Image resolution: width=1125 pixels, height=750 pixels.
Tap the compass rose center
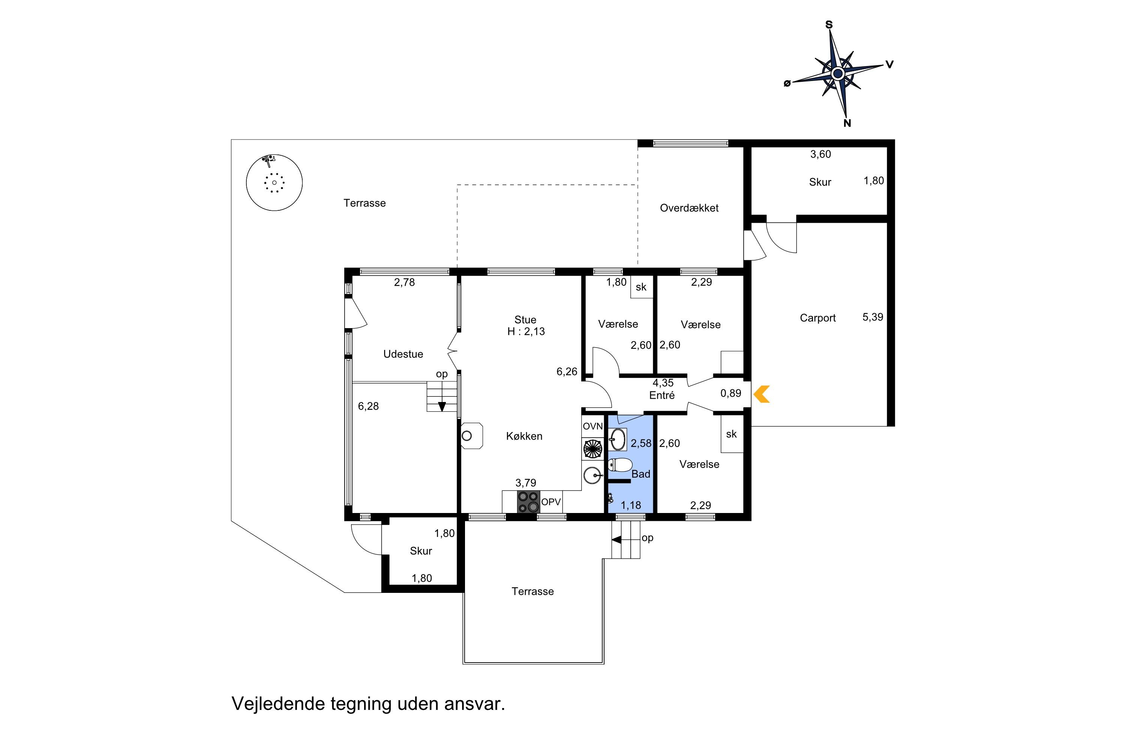837,73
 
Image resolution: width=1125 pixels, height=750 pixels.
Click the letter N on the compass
847,123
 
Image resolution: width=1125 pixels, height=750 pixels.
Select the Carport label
817,318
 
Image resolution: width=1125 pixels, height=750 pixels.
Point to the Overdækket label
689,208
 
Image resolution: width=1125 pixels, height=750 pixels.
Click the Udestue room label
403,354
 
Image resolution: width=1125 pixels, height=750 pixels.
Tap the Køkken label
524,436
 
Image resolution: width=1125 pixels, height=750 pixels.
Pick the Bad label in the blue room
641,474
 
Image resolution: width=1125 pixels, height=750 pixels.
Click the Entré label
662,395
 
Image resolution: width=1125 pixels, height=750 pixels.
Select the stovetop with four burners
528,502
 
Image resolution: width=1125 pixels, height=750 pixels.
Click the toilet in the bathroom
620,465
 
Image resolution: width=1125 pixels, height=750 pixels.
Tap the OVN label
592,426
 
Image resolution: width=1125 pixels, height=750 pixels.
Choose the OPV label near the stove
551,502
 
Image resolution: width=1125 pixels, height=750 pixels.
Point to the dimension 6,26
567,371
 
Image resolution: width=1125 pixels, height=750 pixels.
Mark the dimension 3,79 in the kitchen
526,483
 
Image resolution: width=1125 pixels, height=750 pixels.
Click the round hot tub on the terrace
274,182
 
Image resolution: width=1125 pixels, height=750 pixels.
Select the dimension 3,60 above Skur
820,154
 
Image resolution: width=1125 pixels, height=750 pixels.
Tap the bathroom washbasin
618,439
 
